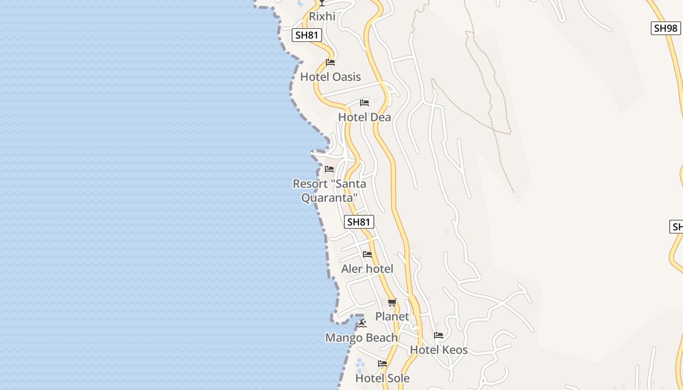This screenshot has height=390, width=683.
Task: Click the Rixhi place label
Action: [x=322, y=17]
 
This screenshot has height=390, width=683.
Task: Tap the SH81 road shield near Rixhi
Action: [x=307, y=35]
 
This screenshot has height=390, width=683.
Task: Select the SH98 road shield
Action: [x=665, y=28]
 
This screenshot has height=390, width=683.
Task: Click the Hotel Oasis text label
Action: [x=330, y=77]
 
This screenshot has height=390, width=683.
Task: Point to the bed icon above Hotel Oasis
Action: [x=330, y=62]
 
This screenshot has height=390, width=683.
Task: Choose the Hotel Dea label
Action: [x=364, y=117]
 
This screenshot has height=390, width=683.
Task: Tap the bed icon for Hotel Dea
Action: [x=364, y=103]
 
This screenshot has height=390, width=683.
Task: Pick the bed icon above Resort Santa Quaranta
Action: [x=329, y=169]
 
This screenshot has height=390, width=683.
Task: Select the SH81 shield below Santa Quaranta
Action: [x=359, y=222]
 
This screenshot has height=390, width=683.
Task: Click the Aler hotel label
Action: [x=367, y=269]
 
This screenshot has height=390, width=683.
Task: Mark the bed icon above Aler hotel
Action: [x=367, y=254]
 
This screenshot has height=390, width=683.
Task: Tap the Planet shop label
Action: [x=392, y=317]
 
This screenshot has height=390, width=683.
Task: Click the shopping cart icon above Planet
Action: [x=392, y=302]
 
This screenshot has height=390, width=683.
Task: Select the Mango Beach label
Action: [x=361, y=338]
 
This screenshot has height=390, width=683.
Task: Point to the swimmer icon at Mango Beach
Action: [x=362, y=323]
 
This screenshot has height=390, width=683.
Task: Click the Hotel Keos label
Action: [x=439, y=350]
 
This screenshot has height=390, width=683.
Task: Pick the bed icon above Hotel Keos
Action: [x=439, y=335]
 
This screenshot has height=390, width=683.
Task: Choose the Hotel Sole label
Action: [x=382, y=378]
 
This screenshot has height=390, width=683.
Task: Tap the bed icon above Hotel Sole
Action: [x=382, y=364]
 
